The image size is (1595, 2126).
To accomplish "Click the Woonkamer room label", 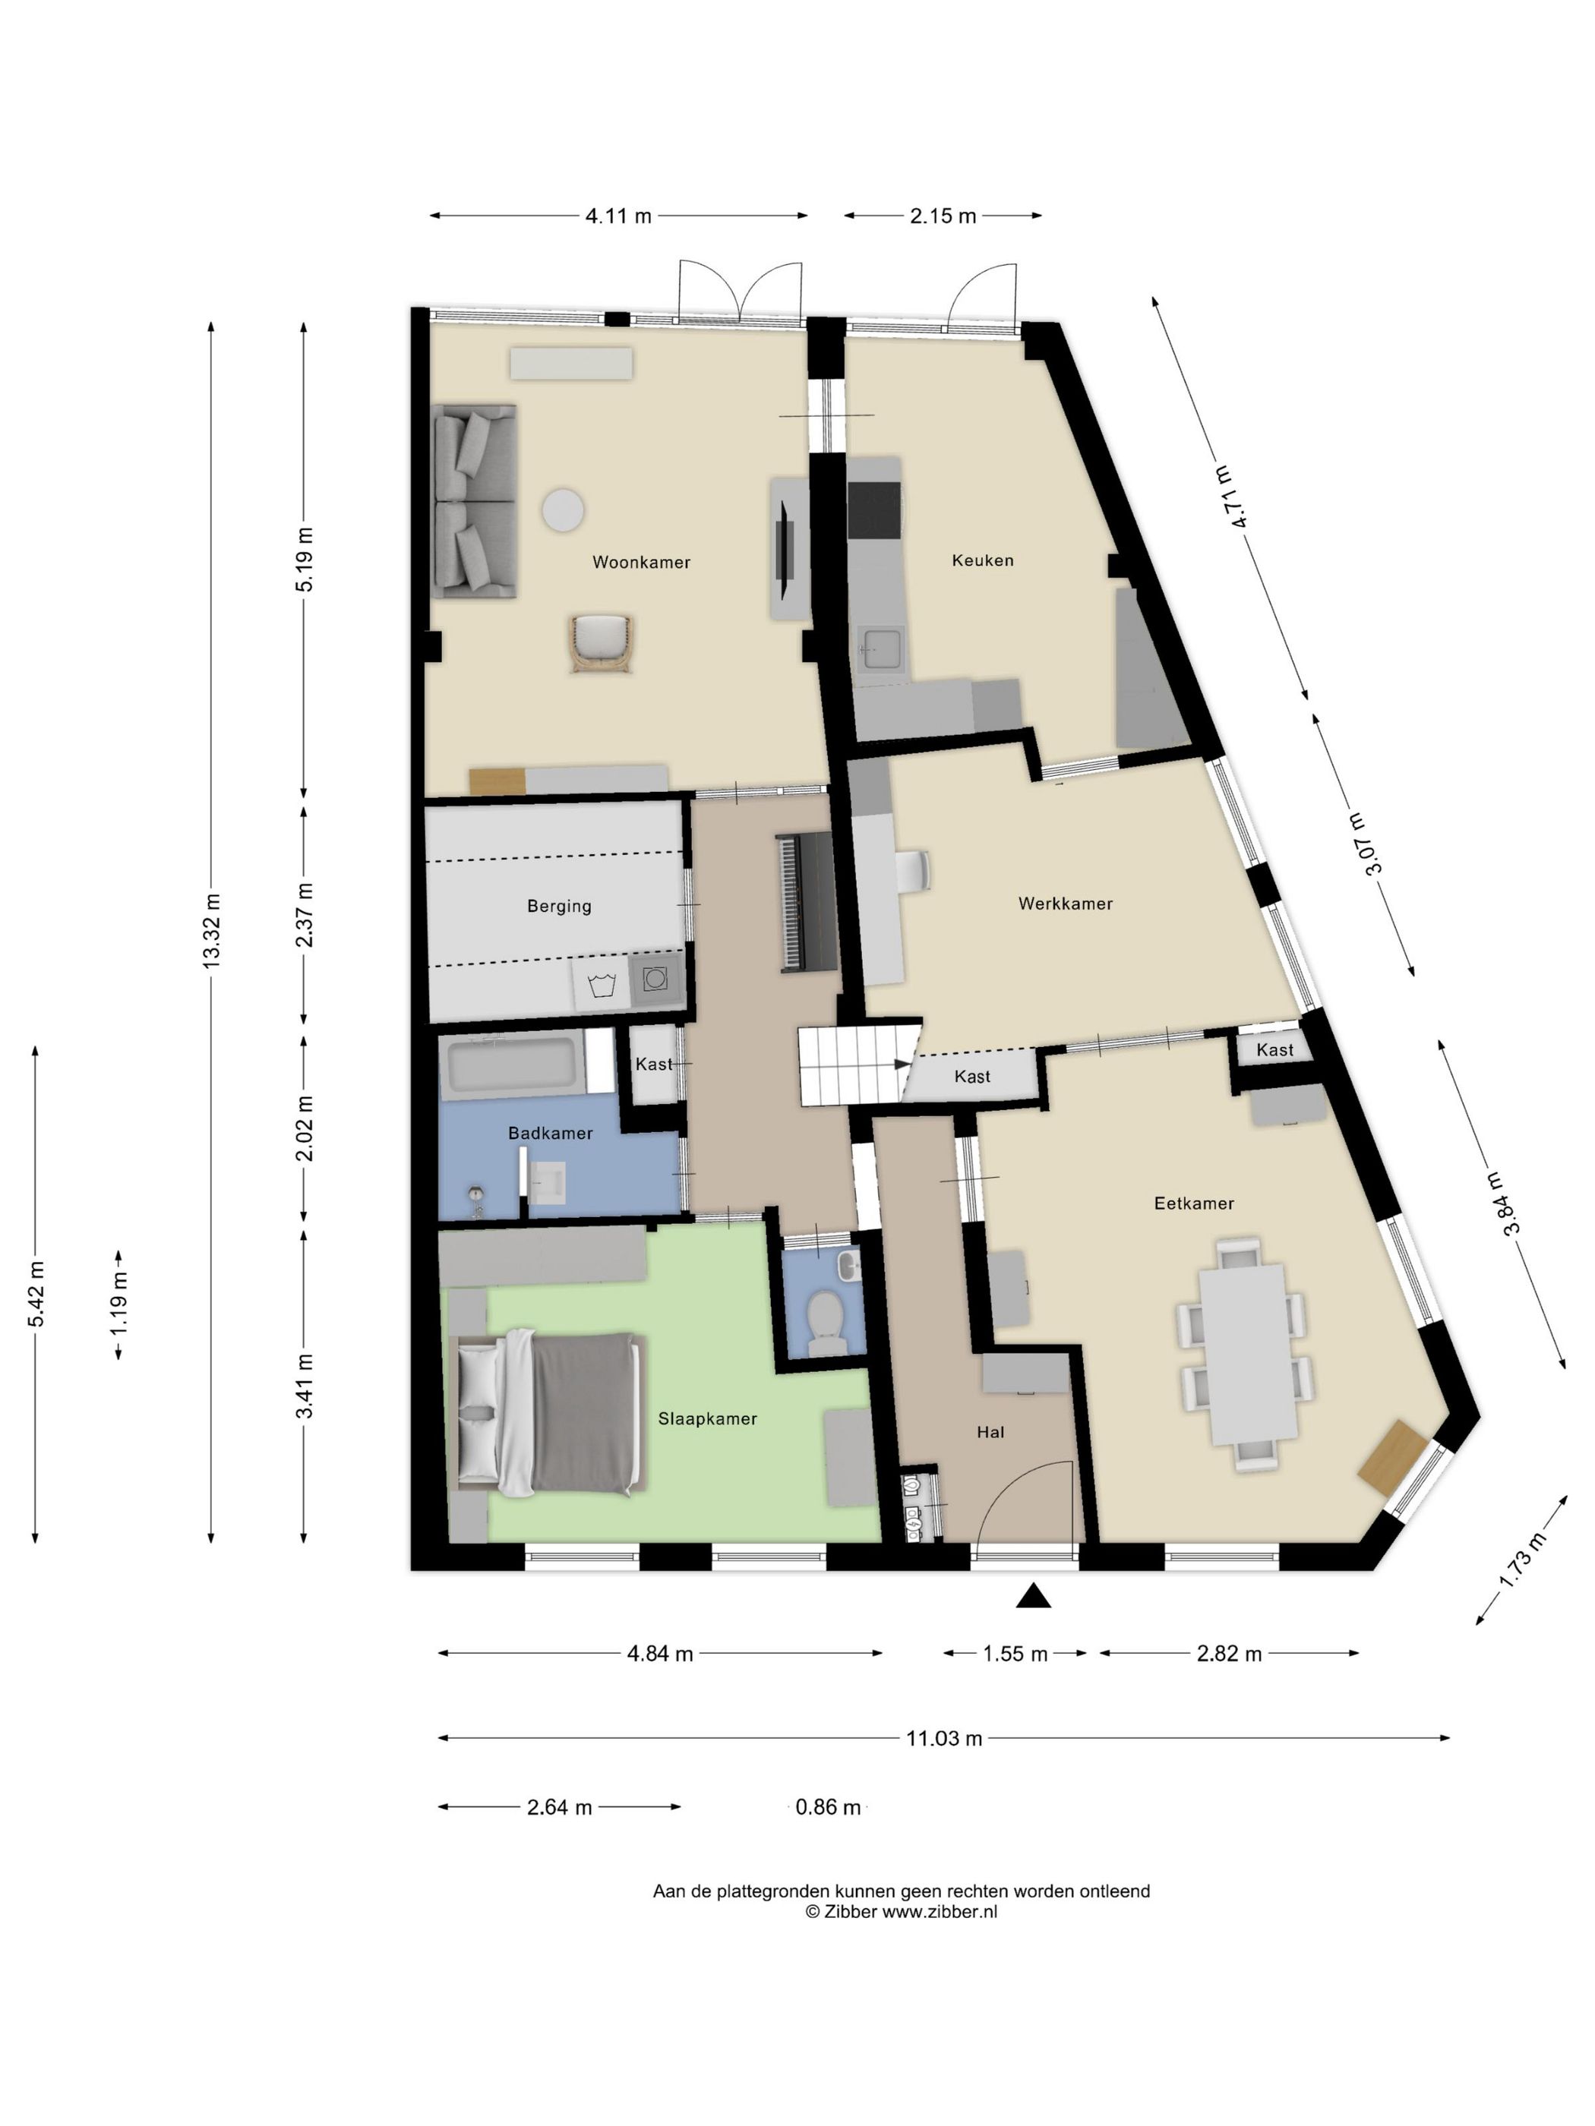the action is click(641, 563).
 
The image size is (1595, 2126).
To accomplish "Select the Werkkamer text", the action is click(1066, 904).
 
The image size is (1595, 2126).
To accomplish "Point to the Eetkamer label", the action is click(1194, 1203).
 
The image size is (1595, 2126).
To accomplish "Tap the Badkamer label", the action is click(550, 1133).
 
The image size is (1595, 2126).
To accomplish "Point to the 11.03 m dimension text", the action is click(944, 1738).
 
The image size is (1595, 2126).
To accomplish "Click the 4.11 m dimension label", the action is click(618, 216).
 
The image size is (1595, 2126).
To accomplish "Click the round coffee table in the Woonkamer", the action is click(563, 509).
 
